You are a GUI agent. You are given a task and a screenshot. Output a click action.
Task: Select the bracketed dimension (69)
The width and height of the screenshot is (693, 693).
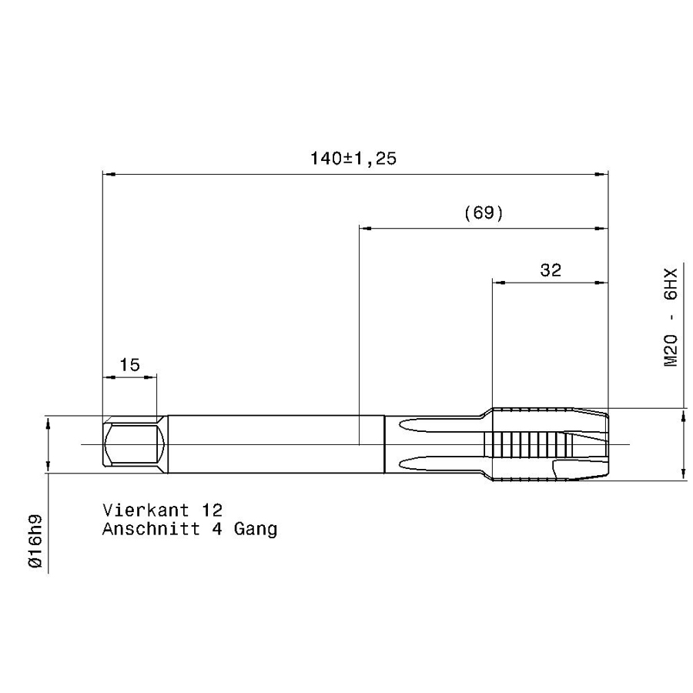pyautogui.click(x=484, y=213)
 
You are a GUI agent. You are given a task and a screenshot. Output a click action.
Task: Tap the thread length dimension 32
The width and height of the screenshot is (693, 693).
pyautogui.click(x=551, y=269)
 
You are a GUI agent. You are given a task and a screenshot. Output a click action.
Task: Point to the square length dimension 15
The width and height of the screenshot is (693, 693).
pyautogui.click(x=130, y=364)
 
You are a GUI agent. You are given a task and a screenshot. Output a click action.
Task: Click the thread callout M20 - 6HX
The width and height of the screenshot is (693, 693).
pyautogui.click(x=671, y=318)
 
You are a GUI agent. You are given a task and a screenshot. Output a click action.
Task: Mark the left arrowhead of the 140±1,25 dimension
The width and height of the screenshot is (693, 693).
pyautogui.click(x=109, y=175)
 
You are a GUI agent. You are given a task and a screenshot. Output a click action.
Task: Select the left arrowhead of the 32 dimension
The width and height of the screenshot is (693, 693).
pyautogui.click(x=498, y=283)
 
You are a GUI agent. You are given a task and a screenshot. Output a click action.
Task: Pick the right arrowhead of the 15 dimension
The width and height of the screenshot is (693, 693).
pyautogui.click(x=152, y=377)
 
